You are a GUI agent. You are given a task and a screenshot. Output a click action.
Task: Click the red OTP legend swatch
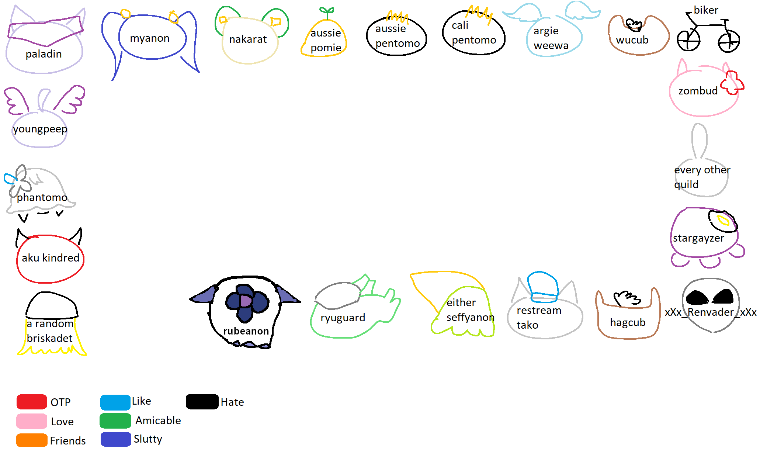(31, 402)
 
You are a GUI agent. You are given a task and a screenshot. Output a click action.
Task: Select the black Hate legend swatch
(202, 402)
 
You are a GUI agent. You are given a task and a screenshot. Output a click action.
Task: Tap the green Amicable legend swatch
(115, 421)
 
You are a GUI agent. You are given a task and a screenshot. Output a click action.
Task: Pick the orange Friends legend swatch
(32, 440)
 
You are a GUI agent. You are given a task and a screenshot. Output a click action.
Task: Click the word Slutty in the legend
(148, 439)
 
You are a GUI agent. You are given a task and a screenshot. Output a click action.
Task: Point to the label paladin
(44, 54)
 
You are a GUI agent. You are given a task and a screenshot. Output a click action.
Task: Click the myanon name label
(150, 38)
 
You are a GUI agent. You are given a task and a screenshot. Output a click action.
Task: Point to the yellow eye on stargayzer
(723, 221)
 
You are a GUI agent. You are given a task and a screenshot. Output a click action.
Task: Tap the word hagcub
(628, 322)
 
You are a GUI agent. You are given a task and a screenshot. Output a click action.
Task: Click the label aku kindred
(51, 258)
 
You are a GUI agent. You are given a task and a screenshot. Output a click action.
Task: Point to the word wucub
(632, 40)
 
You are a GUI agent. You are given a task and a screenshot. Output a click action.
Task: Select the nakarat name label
(248, 39)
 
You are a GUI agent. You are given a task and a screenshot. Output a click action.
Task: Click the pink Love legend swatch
(31, 421)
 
